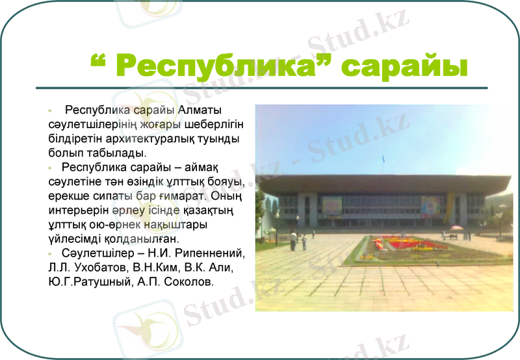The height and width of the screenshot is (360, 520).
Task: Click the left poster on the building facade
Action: click(x=331, y=206)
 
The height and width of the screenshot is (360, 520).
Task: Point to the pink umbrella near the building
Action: click(x=457, y=227)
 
